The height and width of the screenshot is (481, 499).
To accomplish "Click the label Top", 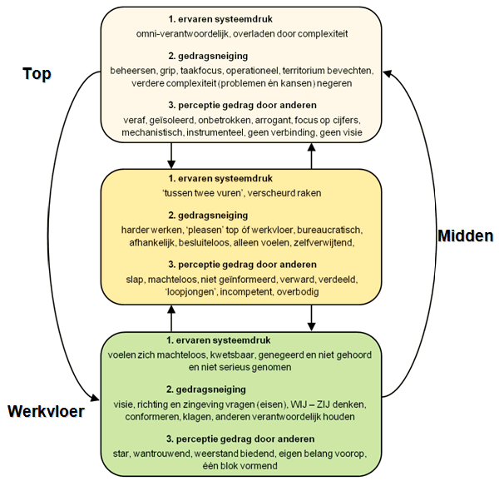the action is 37,74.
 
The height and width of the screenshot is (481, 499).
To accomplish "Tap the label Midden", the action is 466,236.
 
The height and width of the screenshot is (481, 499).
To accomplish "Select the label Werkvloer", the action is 46,411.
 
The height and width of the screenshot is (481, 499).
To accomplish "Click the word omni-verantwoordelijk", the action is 182,34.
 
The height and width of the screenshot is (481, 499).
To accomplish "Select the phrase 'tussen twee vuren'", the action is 202,193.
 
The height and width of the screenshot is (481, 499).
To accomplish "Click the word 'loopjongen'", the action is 191,291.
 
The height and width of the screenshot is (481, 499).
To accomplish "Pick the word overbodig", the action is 298,291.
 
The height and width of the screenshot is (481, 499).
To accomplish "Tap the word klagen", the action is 197,417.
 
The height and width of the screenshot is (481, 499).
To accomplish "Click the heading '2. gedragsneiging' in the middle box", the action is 208,216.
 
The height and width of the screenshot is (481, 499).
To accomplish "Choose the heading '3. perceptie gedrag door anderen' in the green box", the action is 240,439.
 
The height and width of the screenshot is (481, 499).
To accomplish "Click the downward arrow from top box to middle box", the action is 171,156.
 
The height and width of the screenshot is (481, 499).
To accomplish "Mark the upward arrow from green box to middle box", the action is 171,319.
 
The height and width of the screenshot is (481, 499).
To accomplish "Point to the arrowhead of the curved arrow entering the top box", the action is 387,73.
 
